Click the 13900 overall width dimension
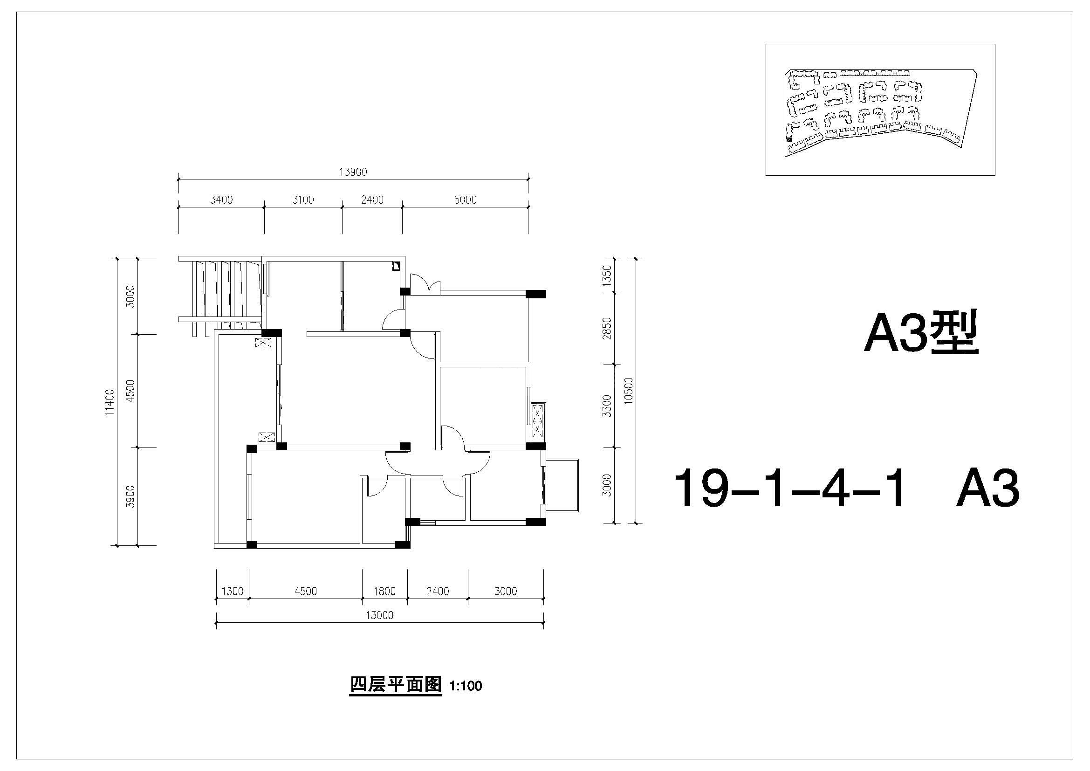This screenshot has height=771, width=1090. (x=353, y=172)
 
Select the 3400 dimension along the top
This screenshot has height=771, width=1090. (x=221, y=200)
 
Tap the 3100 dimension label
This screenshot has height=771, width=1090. (x=303, y=200)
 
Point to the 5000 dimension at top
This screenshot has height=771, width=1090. (x=465, y=200)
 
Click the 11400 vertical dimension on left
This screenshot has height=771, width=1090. (x=110, y=402)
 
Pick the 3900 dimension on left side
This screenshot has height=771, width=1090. (x=130, y=496)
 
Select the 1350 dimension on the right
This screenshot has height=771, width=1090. (x=606, y=275)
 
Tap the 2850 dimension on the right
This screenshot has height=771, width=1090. (x=606, y=329)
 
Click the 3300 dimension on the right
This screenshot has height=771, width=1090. (x=606, y=406)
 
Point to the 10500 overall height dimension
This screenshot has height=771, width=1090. (x=628, y=391)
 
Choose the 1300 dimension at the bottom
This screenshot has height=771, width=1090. (x=233, y=592)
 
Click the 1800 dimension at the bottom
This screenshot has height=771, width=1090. (x=384, y=592)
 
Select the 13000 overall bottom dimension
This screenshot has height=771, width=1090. (x=380, y=616)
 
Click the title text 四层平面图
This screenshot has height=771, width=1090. (x=396, y=685)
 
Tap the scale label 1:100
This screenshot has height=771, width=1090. (x=466, y=686)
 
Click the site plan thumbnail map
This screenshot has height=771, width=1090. (x=880, y=110)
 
